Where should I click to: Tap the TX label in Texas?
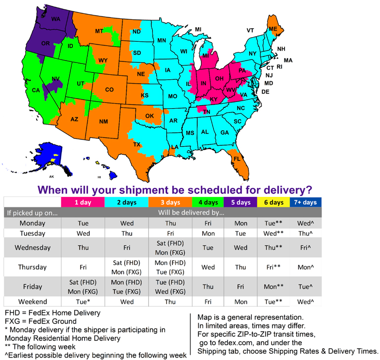(137, 144)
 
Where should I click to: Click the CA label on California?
(36, 90)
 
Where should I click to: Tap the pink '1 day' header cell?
(83, 202)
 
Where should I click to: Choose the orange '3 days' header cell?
(170, 202)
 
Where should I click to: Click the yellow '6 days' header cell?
(273, 202)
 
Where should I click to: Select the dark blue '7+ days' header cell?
(305, 202)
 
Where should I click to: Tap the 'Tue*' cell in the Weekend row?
(83, 302)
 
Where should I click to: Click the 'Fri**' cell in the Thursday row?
(273, 267)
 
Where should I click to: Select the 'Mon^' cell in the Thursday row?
(305, 267)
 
